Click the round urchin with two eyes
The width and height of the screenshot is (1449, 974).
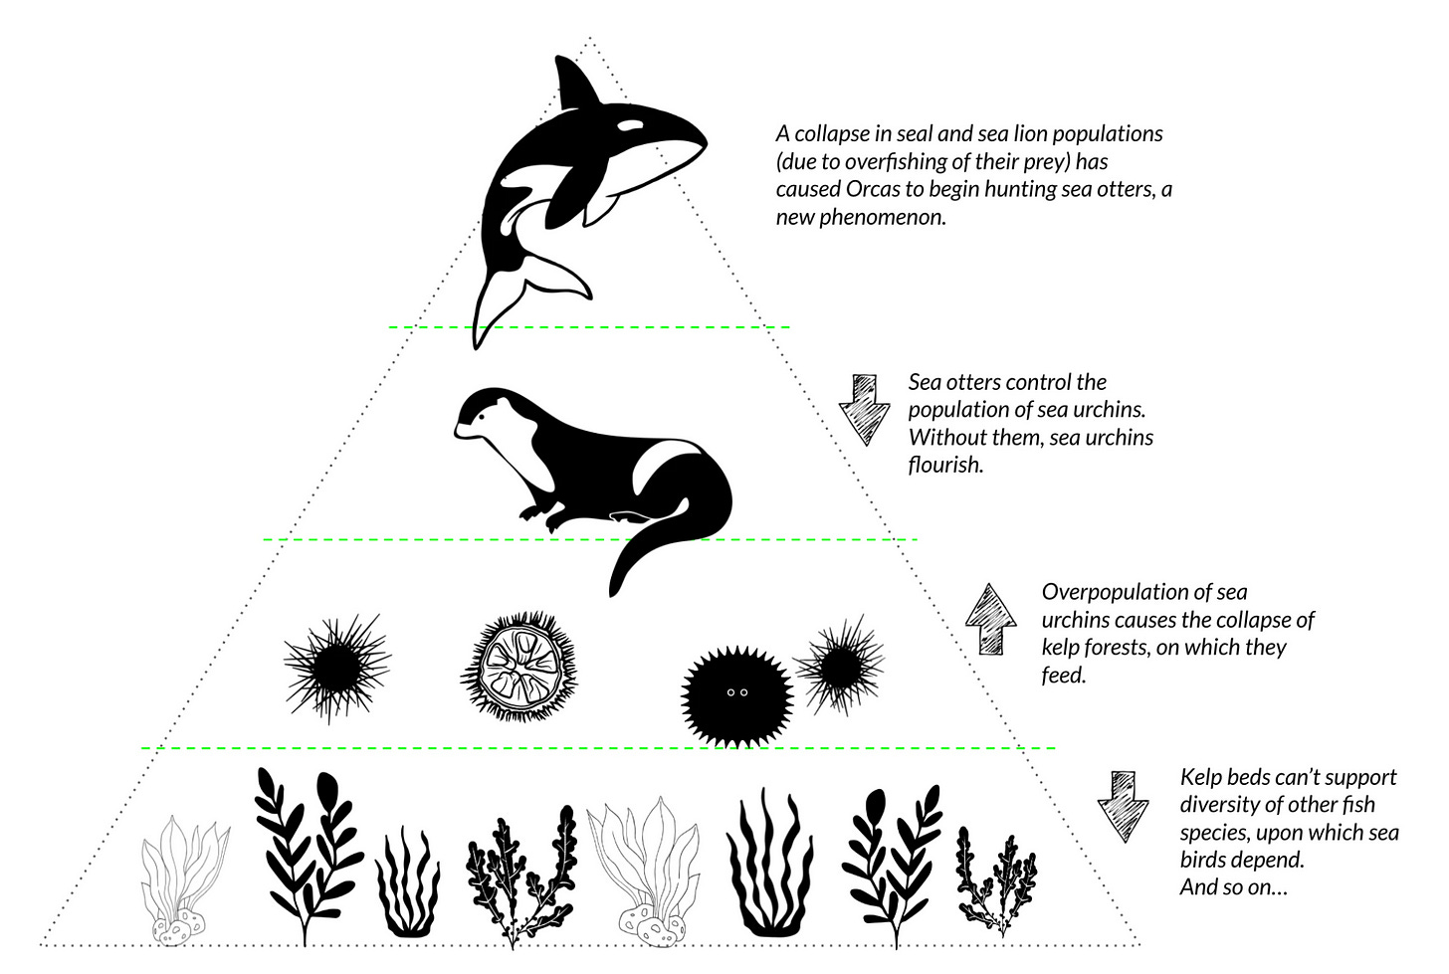click(735, 692)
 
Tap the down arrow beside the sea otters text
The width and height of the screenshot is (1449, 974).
click(865, 408)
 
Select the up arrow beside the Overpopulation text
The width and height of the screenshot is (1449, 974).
click(990, 619)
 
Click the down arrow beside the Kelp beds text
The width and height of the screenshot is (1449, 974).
click(1123, 805)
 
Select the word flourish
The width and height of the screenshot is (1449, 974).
click(944, 465)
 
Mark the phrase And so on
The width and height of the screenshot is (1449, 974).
click(1233, 887)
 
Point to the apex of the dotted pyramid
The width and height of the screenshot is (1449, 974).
click(590, 41)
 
